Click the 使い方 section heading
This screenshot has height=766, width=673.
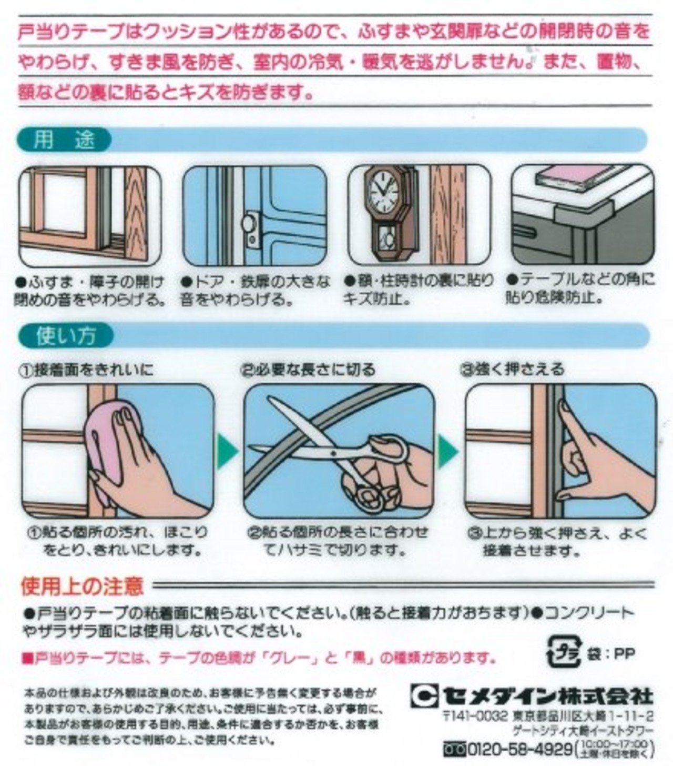[x=66, y=335]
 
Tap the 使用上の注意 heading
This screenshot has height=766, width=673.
[x=82, y=585]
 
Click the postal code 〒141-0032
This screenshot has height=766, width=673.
[x=475, y=717]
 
